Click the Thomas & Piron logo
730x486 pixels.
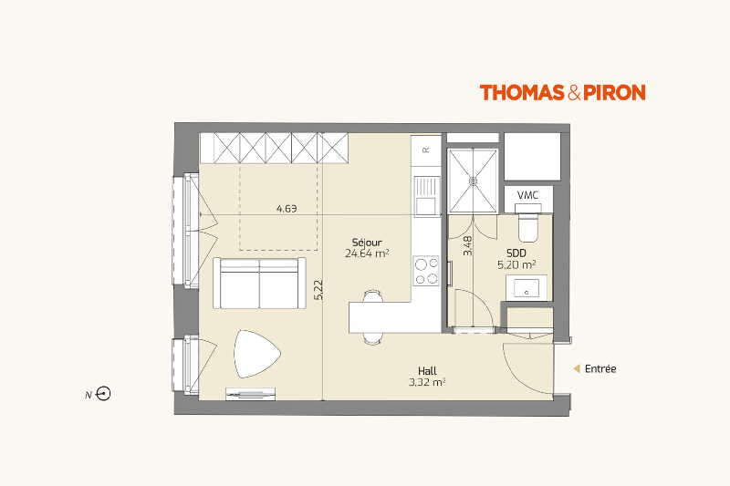[562, 92]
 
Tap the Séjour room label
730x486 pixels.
[367, 243]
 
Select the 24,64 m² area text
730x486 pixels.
[367, 253]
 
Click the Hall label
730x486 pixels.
[427, 371]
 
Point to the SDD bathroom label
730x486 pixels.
[516, 253]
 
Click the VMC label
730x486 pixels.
[528, 195]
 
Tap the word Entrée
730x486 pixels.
[600, 368]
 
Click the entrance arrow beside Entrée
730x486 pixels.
[577, 368]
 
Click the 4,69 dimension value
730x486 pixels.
[287, 209]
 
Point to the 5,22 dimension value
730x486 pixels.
[318, 289]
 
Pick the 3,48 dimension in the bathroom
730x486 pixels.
[467, 245]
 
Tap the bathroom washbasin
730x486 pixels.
[527, 288]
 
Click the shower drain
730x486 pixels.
[473, 180]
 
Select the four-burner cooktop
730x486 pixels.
[426, 271]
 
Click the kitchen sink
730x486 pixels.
[426, 196]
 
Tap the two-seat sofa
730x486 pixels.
[259, 283]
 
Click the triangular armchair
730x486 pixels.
[256, 354]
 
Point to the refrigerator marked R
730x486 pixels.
[426, 150]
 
